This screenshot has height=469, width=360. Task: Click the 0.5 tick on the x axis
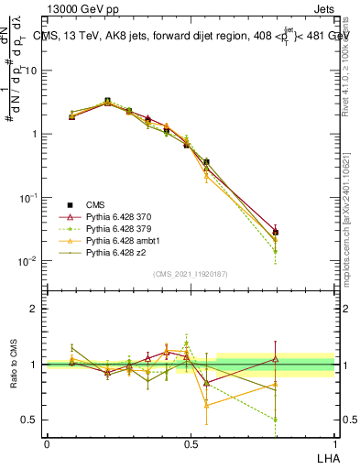click(190, 443)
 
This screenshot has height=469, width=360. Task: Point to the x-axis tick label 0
click(47, 443)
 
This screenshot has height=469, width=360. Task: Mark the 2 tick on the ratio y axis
click(34, 309)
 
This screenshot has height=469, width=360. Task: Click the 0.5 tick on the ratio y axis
click(30, 420)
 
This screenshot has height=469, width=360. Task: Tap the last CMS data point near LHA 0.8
click(276, 233)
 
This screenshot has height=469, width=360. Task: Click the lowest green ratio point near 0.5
click(276, 420)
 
